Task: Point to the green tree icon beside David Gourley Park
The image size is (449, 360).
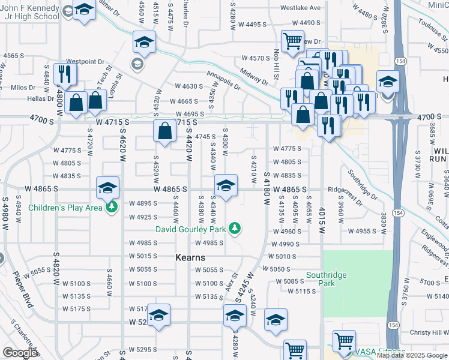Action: point(236,229)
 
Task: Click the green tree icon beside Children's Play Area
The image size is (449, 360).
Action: point(111,208)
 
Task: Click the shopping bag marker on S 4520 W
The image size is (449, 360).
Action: point(164,130)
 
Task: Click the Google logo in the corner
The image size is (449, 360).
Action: point(20,353)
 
